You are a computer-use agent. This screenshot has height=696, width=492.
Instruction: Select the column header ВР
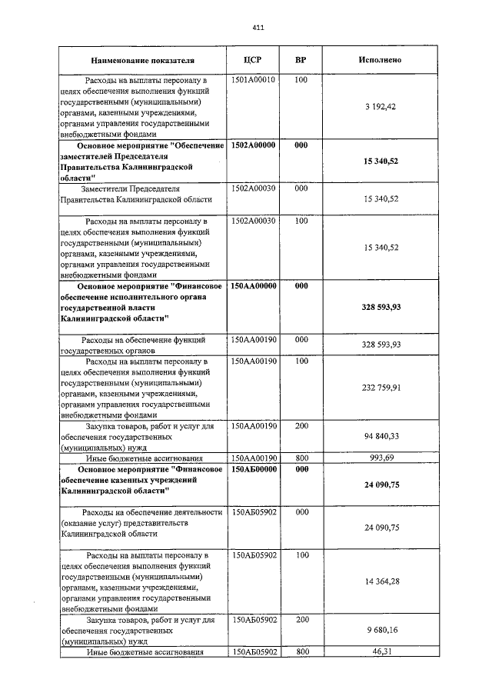coord(301,60)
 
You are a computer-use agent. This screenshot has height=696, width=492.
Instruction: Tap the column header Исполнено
coord(380,60)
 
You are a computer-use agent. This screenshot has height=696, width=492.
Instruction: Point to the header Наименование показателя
coord(142,60)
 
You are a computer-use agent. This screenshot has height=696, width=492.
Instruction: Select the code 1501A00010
coord(254,80)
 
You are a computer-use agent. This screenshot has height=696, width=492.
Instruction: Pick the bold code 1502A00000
coord(254,145)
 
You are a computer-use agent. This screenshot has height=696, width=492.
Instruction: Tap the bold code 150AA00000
coord(254,286)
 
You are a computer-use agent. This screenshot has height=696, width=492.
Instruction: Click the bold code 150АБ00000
coord(254,468)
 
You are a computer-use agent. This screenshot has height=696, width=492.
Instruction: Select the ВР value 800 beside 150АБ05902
coord(301,651)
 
